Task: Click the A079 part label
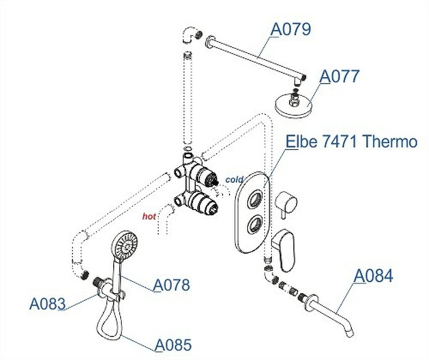click(x=291, y=29)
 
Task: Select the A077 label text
click(x=339, y=76)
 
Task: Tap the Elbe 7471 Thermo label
click(x=351, y=142)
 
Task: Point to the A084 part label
click(x=374, y=276)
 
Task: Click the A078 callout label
click(x=172, y=285)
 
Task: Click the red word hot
click(x=149, y=217)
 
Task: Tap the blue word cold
click(x=234, y=179)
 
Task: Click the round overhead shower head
click(x=294, y=104)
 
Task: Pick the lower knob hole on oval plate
click(x=255, y=224)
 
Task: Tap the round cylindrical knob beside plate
click(x=285, y=204)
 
